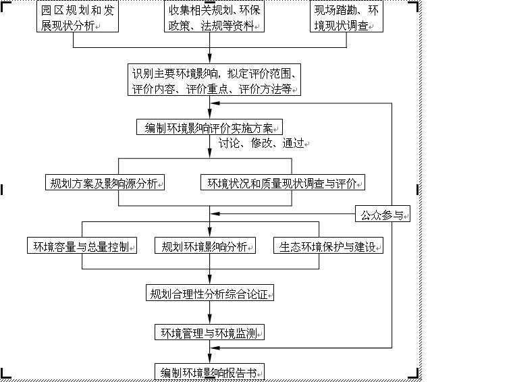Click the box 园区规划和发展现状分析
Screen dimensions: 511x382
pos(78,16)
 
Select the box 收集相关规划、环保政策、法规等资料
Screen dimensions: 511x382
pos(214,16)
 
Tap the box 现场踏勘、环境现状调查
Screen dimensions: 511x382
pos(346,16)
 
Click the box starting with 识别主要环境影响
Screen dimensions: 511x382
pos(214,80)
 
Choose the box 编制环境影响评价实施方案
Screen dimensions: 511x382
pos(209,127)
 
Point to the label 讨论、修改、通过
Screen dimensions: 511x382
pos(261,143)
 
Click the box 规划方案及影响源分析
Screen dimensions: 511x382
pos(105,182)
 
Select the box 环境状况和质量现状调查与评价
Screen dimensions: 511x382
pos(283,182)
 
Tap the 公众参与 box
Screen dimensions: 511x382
pos(383,214)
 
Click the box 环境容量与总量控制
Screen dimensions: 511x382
pos(82,246)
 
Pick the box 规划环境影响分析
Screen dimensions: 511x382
pos(205,246)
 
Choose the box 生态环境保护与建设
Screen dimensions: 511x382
pos(328,246)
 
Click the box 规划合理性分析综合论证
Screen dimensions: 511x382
pos(209,293)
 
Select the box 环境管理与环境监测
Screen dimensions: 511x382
pos(209,332)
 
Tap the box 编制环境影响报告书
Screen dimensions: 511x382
pos(209,372)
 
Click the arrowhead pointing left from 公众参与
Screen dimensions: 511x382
pos(215,214)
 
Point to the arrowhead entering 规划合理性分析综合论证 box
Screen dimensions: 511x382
pos(209,279)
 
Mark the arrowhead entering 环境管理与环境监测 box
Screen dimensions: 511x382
pos(209,319)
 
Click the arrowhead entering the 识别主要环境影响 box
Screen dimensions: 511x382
pos(209,59)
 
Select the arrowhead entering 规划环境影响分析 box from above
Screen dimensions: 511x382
pos(209,232)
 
